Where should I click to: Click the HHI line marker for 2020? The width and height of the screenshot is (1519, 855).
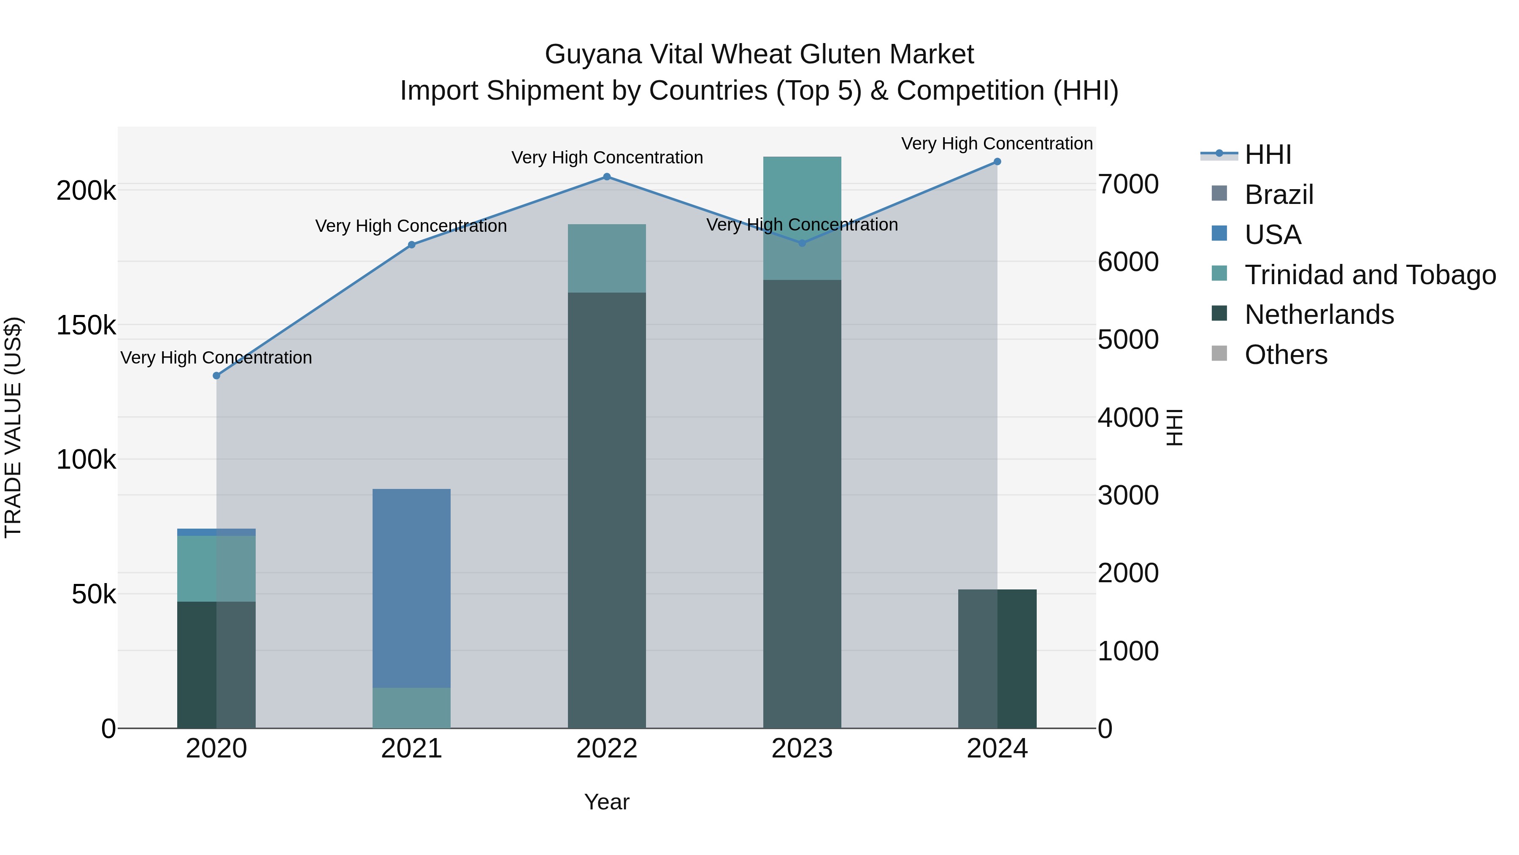point(216,375)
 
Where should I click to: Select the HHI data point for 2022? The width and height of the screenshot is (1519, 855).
point(607,176)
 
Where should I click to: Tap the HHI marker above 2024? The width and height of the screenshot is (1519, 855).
point(997,161)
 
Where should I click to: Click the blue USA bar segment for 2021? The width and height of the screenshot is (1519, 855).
point(411,587)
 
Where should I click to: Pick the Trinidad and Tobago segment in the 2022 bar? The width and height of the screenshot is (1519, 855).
point(607,258)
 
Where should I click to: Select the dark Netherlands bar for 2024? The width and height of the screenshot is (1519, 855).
point(997,658)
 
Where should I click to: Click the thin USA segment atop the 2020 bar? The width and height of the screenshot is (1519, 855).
point(216,532)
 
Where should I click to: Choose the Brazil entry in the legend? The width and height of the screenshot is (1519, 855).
point(1278,195)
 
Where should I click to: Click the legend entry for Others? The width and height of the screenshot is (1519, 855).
point(1286,355)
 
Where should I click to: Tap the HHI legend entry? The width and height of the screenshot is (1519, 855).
point(1268,155)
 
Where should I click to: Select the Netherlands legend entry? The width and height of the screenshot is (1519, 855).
point(1319,315)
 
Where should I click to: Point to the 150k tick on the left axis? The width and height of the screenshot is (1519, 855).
point(86,325)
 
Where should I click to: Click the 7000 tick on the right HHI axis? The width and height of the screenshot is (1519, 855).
point(1127,184)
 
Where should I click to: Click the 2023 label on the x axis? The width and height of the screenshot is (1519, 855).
point(802,749)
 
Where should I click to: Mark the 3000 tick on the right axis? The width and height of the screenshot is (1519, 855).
point(1127,495)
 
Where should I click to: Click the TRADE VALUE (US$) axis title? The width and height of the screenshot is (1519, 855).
point(13,427)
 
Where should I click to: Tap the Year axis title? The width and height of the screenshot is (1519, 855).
point(607,802)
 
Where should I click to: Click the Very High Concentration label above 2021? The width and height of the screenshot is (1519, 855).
point(411,226)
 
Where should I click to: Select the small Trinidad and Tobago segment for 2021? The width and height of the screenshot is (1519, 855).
point(411,708)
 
